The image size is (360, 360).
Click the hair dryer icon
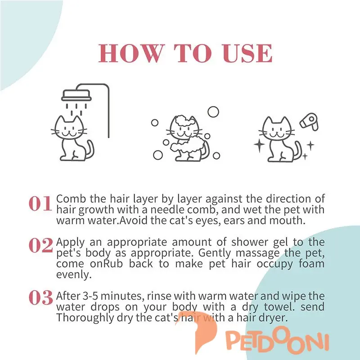click(x=309, y=122)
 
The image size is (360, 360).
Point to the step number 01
click(x=40, y=204)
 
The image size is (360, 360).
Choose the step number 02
click(x=40, y=245)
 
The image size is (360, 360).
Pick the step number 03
click(x=40, y=298)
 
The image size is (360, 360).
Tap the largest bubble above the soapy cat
click(x=213, y=112)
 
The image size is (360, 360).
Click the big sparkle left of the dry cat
click(x=260, y=144)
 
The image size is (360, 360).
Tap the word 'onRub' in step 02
click(x=106, y=264)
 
